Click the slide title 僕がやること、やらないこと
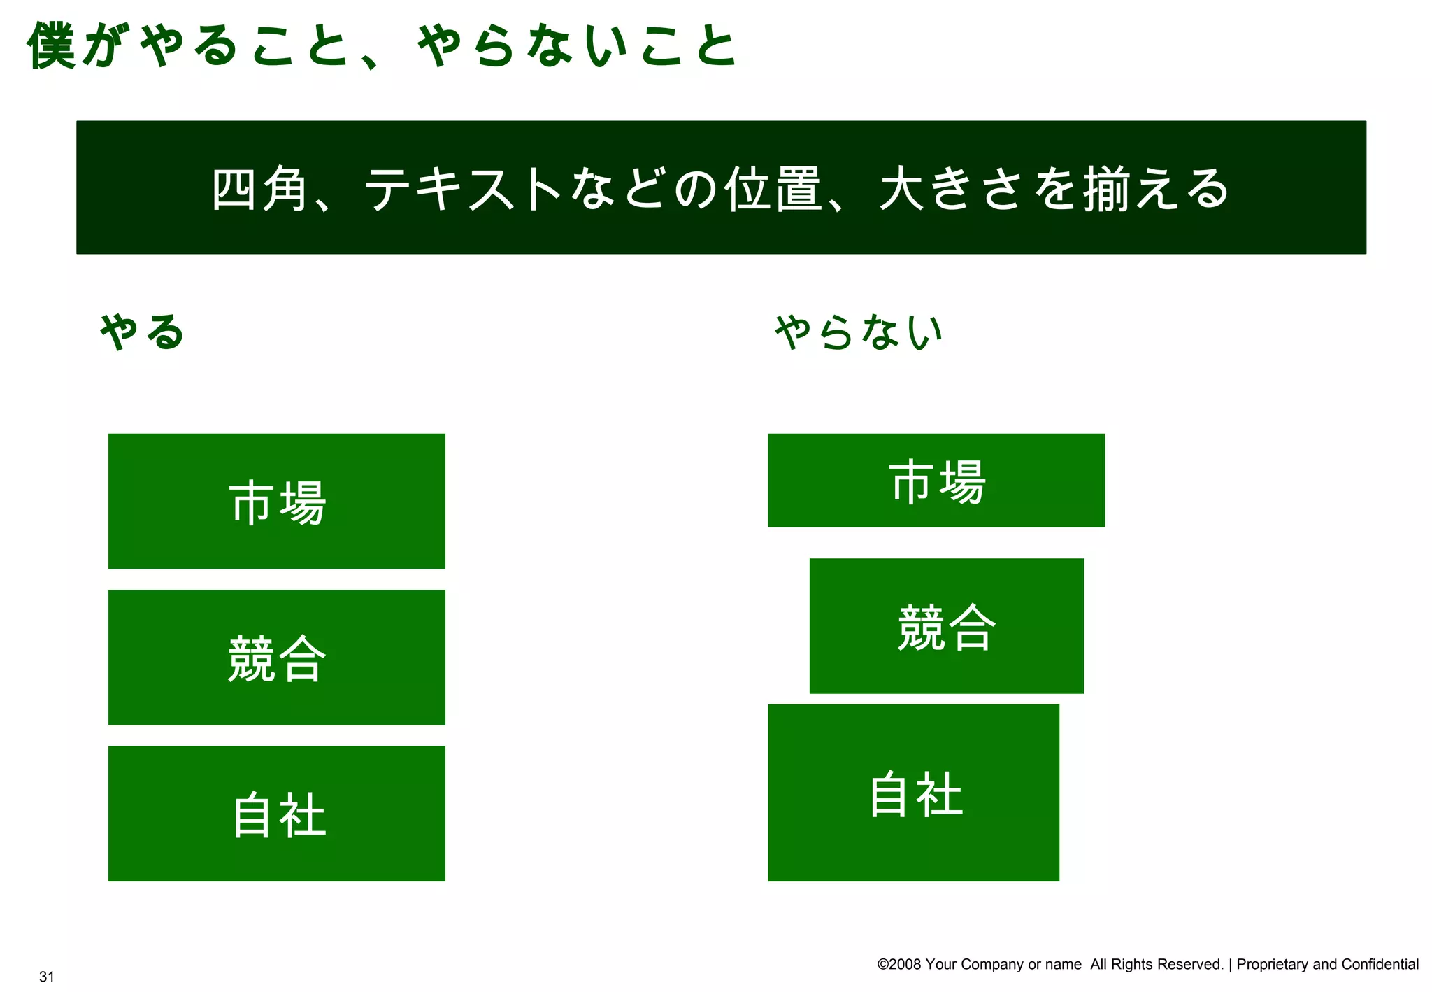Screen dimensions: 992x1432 tap(381, 46)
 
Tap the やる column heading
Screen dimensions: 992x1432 tap(142, 332)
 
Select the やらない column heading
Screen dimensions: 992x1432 tap(859, 332)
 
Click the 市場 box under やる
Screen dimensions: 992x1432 tap(277, 501)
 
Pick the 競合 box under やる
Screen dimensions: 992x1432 tap(277, 657)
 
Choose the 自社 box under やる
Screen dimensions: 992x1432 tap(277, 813)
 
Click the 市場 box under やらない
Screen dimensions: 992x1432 tap(936, 480)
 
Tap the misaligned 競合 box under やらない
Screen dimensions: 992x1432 tap(947, 625)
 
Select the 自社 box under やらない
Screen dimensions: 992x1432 tap(913, 793)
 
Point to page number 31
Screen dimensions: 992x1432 tap(47, 977)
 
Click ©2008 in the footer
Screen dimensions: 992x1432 tap(899, 964)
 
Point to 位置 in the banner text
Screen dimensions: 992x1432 tap(773, 189)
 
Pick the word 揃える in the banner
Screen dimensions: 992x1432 tap(1156, 189)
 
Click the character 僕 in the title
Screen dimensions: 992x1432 tap(52, 46)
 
